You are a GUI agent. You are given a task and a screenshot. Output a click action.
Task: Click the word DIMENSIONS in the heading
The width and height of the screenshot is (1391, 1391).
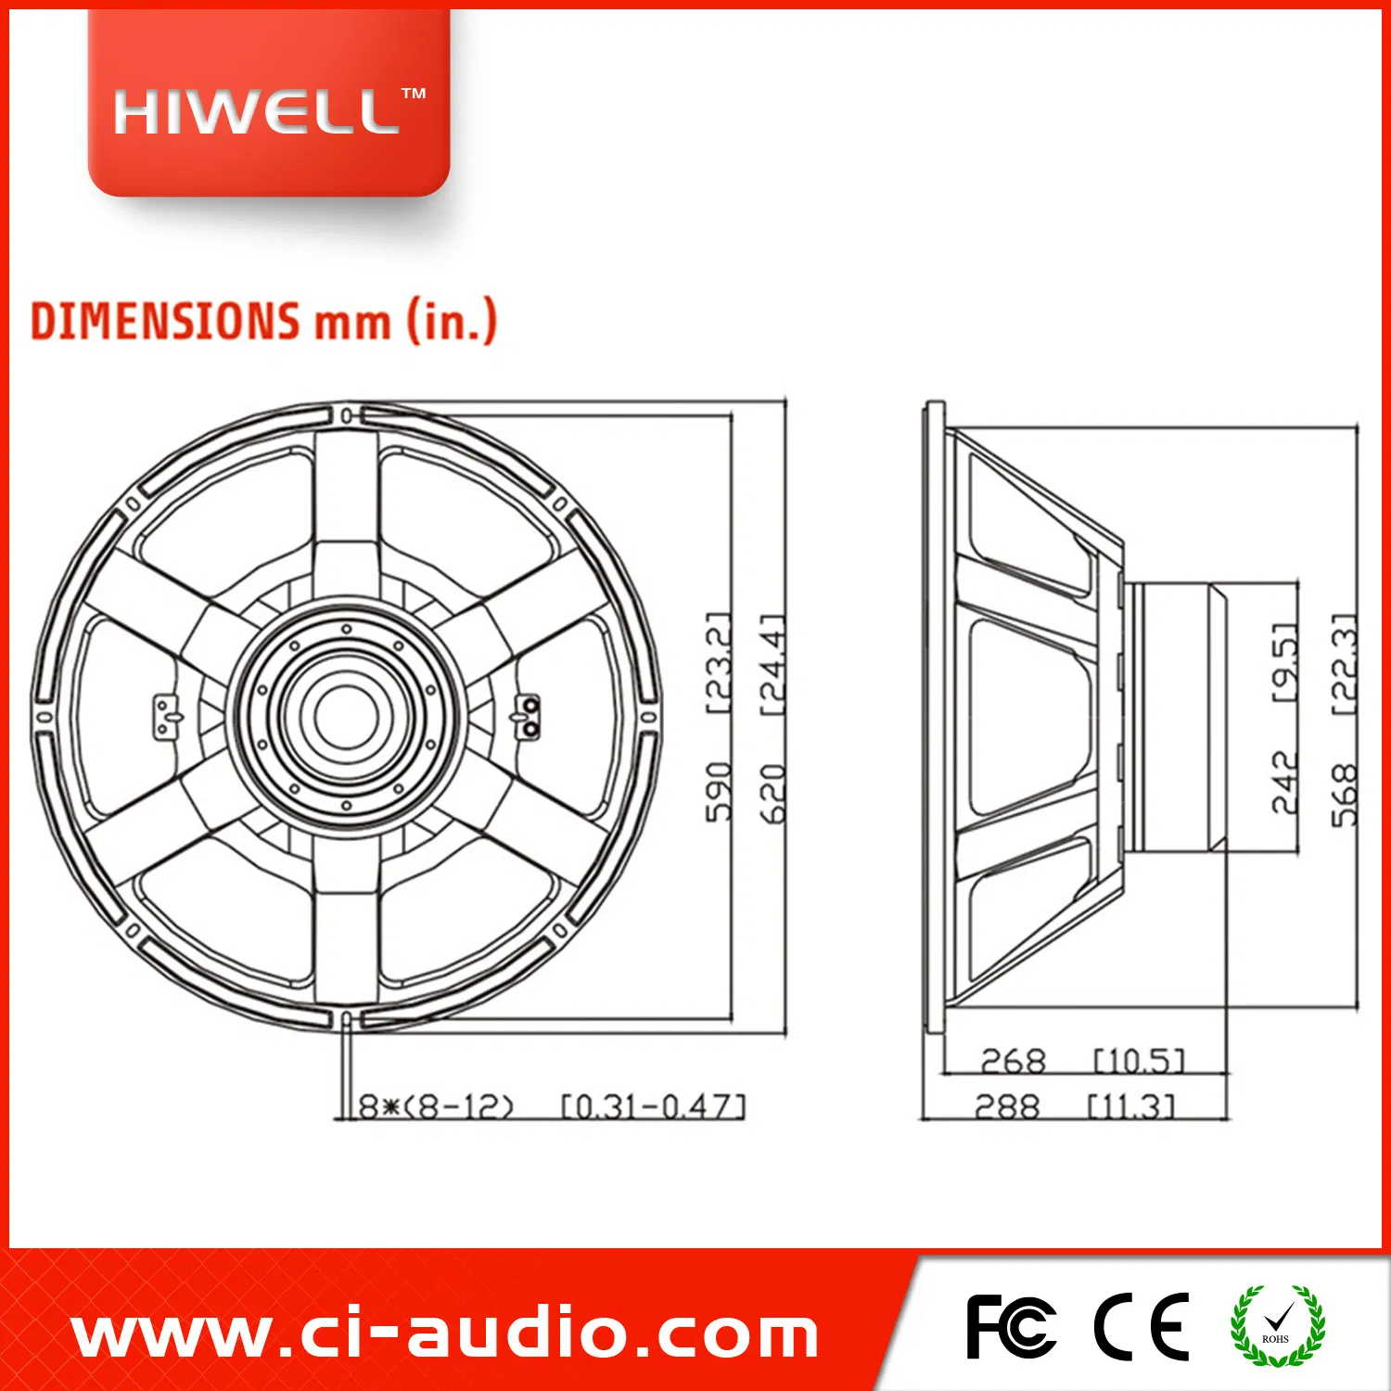(165, 321)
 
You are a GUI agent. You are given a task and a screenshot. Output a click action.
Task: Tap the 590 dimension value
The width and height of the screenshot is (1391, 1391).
(719, 792)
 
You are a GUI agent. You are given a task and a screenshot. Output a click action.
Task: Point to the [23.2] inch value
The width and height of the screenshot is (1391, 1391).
(719, 662)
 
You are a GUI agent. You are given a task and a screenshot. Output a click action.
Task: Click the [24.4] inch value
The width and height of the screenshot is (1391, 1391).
(772, 662)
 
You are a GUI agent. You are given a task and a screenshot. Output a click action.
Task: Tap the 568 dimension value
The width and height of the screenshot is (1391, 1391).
(1344, 795)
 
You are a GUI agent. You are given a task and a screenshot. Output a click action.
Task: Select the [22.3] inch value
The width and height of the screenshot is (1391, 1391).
(1344, 662)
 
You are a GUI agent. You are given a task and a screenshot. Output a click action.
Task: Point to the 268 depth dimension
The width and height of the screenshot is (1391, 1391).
(1013, 1061)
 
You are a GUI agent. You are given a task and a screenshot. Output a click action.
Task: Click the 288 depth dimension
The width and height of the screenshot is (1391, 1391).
(1007, 1106)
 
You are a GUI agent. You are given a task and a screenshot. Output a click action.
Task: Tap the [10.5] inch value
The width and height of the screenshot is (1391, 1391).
(1139, 1061)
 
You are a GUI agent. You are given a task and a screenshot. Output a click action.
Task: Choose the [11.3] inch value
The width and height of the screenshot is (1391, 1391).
(1130, 1106)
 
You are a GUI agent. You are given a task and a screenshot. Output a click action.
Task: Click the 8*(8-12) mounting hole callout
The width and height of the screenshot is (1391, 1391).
(436, 1106)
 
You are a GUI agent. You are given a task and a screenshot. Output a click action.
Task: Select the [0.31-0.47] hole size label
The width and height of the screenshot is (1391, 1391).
(653, 1106)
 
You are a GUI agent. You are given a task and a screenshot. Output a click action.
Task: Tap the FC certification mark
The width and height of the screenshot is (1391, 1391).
(1010, 1327)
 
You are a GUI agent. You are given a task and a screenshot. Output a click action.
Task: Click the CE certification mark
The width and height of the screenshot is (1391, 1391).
(1141, 1327)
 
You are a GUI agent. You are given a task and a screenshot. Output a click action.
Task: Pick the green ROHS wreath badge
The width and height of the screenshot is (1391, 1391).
(1277, 1326)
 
